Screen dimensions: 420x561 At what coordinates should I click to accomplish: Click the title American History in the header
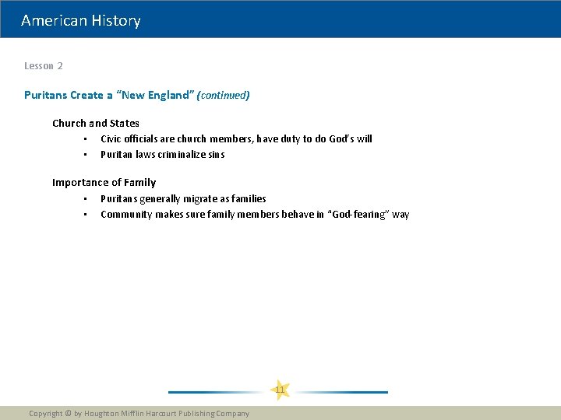click(x=81, y=21)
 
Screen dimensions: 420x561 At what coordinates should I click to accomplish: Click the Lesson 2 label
click(x=44, y=66)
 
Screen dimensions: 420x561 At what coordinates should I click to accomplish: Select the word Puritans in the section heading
click(x=45, y=95)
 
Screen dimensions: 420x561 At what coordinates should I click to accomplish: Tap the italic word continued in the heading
click(x=223, y=95)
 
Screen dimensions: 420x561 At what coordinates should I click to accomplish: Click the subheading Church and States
click(x=96, y=123)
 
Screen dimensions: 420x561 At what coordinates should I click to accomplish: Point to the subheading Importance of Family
click(x=104, y=183)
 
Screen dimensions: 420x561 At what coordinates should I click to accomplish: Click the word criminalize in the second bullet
click(x=182, y=155)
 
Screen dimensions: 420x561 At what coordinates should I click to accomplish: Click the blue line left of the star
click(x=217, y=392)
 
